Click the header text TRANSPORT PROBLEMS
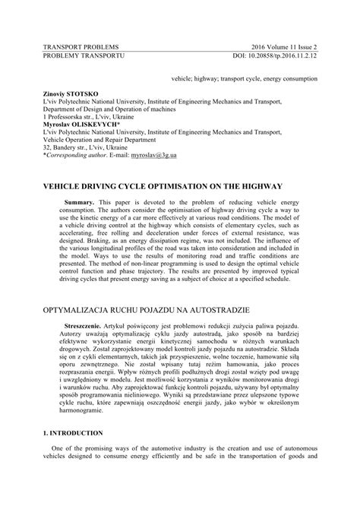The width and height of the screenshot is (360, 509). (79, 46)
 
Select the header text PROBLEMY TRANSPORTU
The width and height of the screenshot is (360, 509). (81, 55)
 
